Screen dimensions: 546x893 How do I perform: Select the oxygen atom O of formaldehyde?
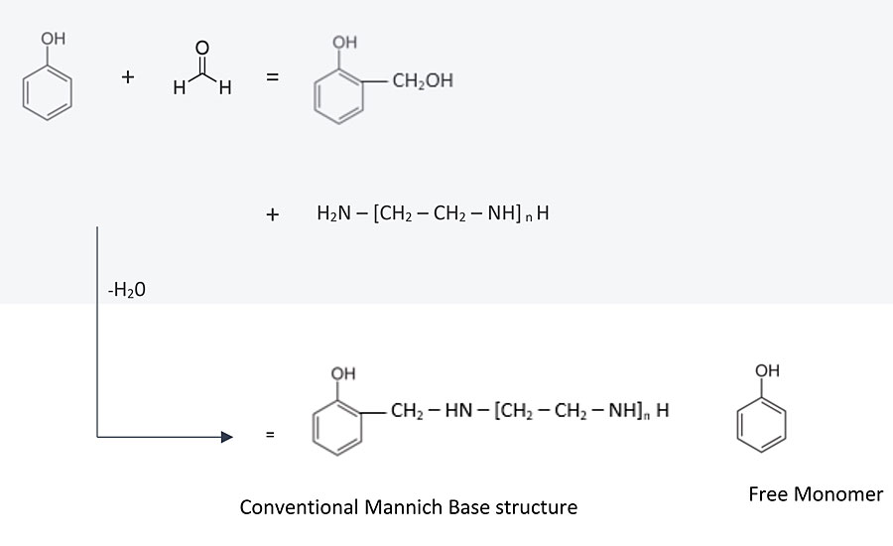tap(202, 47)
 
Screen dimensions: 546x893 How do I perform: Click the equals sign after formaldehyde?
tap(272, 80)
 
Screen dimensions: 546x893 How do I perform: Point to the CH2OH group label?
tap(422, 80)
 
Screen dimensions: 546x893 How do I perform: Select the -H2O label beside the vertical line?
tap(127, 292)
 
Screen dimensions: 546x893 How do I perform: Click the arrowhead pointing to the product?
tap(226, 436)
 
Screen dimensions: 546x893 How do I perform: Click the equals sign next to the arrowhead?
tap(268, 436)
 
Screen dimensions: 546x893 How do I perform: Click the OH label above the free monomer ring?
tap(768, 370)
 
